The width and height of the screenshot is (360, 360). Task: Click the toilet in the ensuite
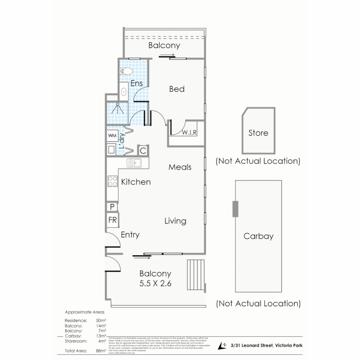(x=126, y=71)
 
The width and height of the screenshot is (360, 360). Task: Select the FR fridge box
(x=112, y=220)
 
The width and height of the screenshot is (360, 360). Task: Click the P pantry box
(x=112, y=207)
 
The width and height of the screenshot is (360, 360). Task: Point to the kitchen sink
(x=135, y=163)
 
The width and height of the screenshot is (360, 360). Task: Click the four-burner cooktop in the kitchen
(x=112, y=181)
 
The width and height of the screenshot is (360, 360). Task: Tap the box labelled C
(x=143, y=150)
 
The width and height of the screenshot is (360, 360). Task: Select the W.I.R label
(x=189, y=132)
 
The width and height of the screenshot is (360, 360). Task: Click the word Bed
(x=177, y=89)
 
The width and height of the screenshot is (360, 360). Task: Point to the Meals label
(x=180, y=167)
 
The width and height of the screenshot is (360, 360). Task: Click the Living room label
(x=175, y=221)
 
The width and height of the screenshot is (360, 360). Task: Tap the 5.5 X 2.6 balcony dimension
(x=155, y=284)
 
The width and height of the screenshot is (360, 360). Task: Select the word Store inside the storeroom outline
(x=258, y=133)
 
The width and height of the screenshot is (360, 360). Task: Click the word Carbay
(x=258, y=236)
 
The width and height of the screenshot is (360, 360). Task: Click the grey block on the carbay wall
(x=235, y=209)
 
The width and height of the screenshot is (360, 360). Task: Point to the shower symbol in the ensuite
(x=118, y=109)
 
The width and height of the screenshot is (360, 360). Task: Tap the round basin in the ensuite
(x=123, y=91)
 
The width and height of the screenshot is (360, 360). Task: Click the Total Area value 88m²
(x=101, y=351)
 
